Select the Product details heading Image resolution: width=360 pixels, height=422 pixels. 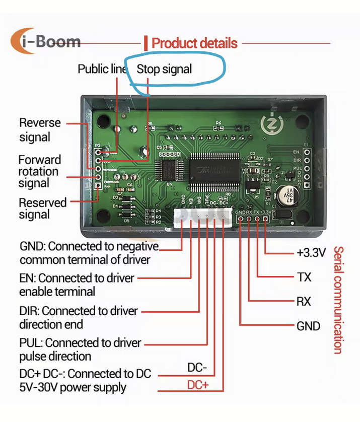coord(194,43)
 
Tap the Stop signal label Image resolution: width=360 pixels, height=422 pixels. coord(164,69)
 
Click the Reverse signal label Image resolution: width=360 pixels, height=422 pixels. coord(39,130)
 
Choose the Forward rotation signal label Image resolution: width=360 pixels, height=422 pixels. coord(39,171)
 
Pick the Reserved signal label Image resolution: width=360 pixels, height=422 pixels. coord(42,208)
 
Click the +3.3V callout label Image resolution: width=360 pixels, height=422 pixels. coord(311,252)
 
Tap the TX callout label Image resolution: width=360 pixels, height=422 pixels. coord(304,277)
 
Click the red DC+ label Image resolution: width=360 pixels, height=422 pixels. coord(198,386)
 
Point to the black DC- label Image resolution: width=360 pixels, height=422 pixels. coord(197,368)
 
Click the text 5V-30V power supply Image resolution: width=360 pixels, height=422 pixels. coord(73,388)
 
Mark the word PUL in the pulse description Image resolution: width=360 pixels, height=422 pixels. coord(30,343)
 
